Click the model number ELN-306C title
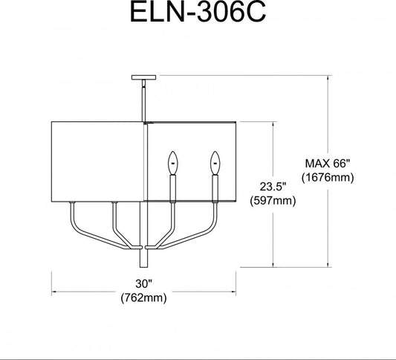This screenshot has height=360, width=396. coord(198,12)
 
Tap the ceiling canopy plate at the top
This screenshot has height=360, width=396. coord(143,77)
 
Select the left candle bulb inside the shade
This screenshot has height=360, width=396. coord(173,163)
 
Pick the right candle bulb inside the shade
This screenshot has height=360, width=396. coord(215,163)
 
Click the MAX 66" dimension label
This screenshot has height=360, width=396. coord(328,164)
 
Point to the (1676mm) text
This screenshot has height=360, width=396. coord(328,178)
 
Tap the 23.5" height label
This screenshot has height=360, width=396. coord(273,187)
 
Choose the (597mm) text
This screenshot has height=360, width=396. coord(273,201)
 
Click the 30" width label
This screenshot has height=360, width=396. coord(144,283)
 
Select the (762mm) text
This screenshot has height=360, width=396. coord(143,298)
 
